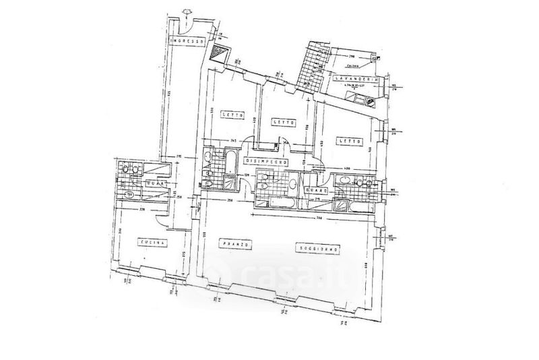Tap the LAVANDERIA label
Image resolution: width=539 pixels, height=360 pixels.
(x=356, y=80)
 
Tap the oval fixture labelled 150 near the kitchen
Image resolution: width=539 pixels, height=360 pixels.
(x=129, y=196)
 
